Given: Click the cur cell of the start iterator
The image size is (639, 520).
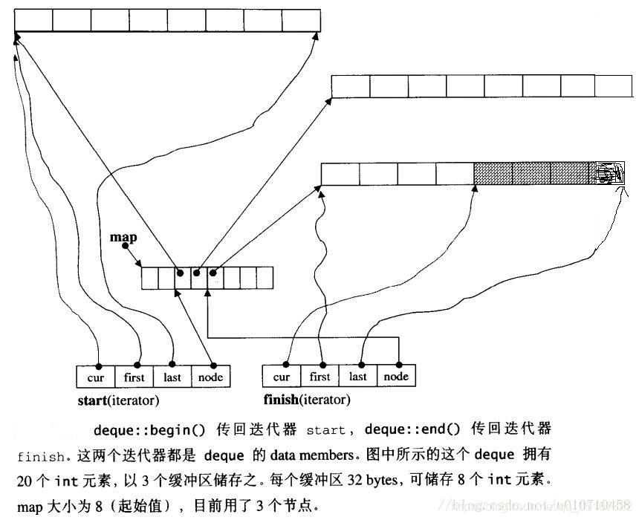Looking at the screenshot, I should [x=96, y=377].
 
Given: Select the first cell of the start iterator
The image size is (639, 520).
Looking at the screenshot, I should [x=134, y=377].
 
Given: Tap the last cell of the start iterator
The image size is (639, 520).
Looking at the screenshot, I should [x=172, y=377].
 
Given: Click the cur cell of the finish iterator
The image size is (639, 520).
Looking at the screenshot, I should [x=282, y=377].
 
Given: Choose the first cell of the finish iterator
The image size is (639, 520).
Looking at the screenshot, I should [x=320, y=377].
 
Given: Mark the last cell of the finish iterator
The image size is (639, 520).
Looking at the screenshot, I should [x=358, y=377].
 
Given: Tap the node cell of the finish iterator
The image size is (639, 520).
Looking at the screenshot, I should [x=396, y=377].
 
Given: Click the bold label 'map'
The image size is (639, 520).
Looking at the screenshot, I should [x=123, y=237].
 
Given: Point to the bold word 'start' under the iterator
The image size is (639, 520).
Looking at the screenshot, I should [x=93, y=400].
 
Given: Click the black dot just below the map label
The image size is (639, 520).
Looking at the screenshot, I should [x=125, y=246].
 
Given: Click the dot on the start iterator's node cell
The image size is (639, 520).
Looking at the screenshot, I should [x=213, y=365].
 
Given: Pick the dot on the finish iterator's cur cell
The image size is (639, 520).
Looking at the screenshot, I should [x=286, y=365].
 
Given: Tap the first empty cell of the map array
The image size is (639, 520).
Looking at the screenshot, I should [x=149, y=278].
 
